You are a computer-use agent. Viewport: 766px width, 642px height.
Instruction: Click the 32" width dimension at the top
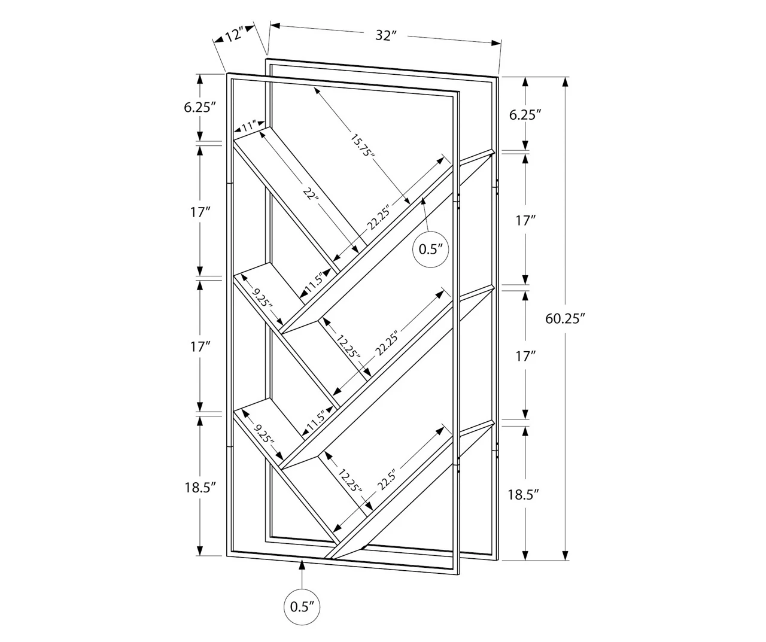(x=386, y=35)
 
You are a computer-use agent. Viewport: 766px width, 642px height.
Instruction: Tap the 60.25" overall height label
(x=564, y=318)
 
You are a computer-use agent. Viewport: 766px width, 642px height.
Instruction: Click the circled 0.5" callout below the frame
(x=302, y=607)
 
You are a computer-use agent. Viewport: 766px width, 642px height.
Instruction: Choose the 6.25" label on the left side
(x=199, y=108)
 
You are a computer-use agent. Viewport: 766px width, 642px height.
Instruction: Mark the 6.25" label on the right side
(x=525, y=115)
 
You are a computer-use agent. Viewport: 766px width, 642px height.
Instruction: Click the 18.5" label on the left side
(x=199, y=487)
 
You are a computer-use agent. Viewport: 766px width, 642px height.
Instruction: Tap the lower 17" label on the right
(x=525, y=357)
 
